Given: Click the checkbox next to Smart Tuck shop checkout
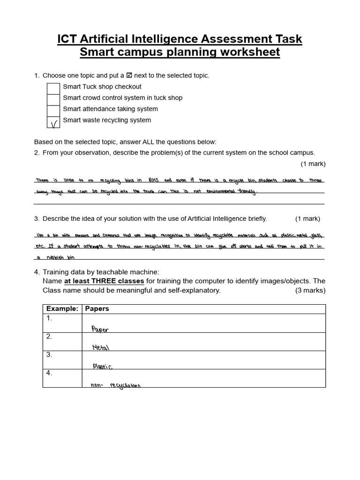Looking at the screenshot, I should point(53,87).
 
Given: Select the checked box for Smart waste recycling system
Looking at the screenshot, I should point(53,121).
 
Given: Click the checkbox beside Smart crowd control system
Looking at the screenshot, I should point(53,98).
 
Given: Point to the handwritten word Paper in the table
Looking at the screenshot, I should point(100,329).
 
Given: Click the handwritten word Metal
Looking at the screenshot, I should point(101,347).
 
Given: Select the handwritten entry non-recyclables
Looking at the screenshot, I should point(115,385).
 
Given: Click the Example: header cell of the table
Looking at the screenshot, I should point(62,309).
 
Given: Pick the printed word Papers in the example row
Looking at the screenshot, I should point(97,309).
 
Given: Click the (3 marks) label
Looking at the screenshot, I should point(310,290).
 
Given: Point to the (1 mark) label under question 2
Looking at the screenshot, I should point(313,164).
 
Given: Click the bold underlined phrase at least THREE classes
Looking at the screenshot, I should point(104,281).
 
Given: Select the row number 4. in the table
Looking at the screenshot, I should point(49,373).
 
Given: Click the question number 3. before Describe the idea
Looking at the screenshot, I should point(37,218).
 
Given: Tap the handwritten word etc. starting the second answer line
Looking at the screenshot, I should point(41,246).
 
